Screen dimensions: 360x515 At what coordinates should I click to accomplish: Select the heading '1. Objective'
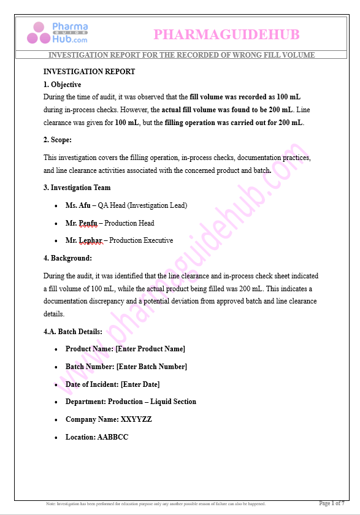(x=63, y=85)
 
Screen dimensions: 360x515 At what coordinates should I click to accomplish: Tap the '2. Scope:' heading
(x=58, y=140)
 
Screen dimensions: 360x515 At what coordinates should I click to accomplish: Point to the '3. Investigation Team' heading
(x=77, y=188)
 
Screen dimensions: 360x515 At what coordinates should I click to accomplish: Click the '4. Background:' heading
(x=68, y=258)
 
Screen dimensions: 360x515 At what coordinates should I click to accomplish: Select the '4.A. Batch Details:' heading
(x=73, y=332)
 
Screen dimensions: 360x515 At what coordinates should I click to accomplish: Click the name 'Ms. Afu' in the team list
(x=77, y=205)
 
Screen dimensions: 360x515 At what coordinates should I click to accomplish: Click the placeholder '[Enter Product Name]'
(x=150, y=349)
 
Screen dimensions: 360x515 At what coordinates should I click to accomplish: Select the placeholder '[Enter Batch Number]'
(x=151, y=367)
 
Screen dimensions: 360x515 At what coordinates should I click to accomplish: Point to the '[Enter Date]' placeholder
(x=140, y=384)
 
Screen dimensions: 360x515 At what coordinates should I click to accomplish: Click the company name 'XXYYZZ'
(x=136, y=419)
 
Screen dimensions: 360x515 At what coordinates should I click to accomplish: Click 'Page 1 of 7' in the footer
(x=332, y=503)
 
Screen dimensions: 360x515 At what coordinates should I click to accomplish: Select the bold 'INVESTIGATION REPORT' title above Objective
(x=90, y=72)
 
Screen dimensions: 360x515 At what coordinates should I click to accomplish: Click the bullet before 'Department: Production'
(x=56, y=402)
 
